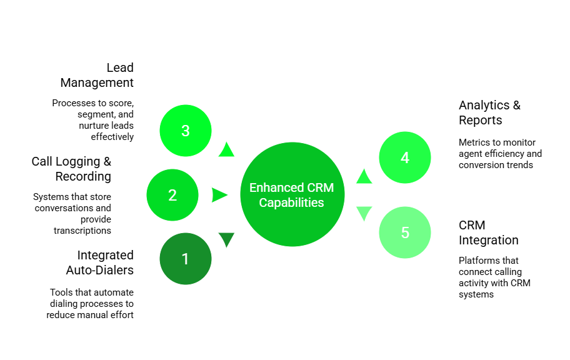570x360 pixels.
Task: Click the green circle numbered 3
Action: coord(186,131)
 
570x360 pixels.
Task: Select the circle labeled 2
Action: coord(172,195)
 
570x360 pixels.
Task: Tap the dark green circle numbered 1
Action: coord(185,259)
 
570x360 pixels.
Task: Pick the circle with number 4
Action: coord(405,157)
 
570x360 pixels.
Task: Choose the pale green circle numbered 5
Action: coord(405,232)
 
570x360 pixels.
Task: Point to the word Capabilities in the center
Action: coord(292,202)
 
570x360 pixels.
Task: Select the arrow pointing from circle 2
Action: coord(219,195)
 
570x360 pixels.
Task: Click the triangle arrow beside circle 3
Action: coord(226,150)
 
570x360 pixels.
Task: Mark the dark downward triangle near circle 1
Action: coord(226,239)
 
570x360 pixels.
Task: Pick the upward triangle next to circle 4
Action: coord(364,177)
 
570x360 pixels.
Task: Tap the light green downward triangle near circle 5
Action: coord(364,213)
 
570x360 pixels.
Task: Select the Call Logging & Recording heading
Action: coord(74,169)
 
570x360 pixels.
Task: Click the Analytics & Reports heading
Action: coord(490,112)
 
